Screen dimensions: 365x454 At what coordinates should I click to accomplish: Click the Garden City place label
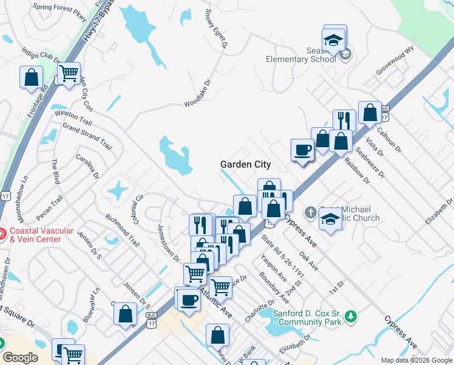click(245, 164)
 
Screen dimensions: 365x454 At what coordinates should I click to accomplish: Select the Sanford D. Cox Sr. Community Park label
click(307, 318)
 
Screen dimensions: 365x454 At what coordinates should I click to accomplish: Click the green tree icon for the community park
click(350, 316)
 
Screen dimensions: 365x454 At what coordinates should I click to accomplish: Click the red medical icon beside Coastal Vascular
click(2, 234)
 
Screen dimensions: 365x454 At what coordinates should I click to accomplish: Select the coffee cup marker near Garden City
click(302, 150)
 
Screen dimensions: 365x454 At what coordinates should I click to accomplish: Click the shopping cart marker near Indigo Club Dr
click(69, 74)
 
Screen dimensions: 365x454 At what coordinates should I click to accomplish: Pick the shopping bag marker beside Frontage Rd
click(31, 77)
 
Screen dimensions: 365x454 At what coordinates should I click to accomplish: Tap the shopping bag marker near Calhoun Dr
click(370, 113)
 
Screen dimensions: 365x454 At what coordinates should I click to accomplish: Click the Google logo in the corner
click(19, 358)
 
